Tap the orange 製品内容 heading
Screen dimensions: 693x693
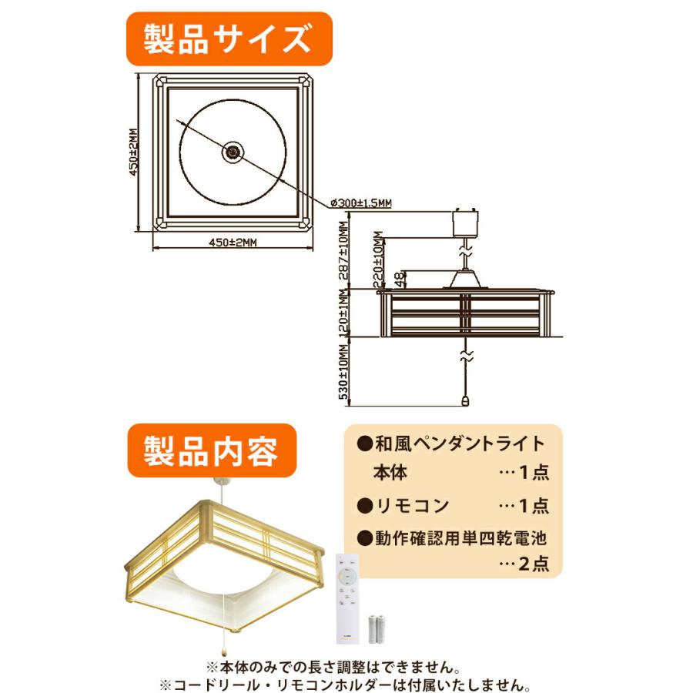point(210,450)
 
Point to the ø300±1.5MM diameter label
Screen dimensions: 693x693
point(360,203)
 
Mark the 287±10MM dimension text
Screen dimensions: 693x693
point(344,251)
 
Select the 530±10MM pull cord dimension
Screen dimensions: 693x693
point(344,377)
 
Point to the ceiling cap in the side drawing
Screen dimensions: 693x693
point(463,223)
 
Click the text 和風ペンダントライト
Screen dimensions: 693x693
point(460,444)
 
